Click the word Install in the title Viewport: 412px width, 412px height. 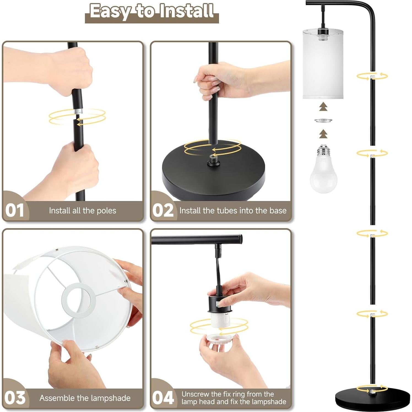pos(187,11)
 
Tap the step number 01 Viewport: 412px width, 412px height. pos(15,211)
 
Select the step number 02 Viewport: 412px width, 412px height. pos(163,211)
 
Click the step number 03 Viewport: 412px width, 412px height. pos(15,398)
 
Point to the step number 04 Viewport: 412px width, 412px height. pos(163,398)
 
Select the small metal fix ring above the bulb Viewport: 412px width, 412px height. pos(323,121)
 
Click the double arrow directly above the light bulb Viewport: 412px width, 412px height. pos(323,134)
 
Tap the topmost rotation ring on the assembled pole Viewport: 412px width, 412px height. pos(372,76)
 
